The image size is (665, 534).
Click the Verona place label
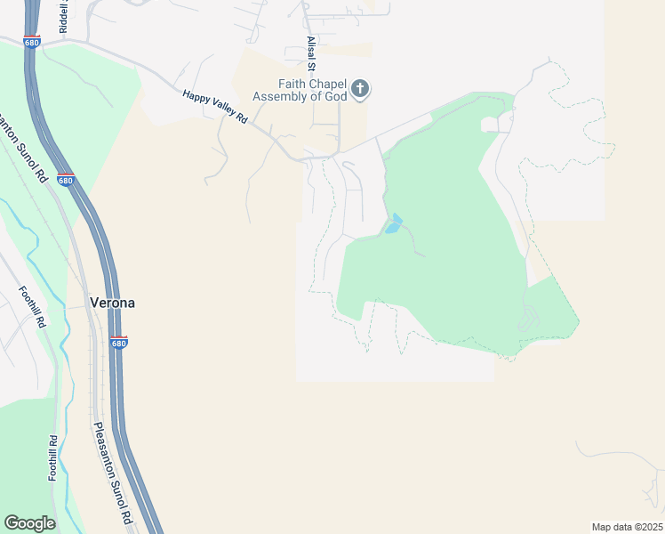point(113,303)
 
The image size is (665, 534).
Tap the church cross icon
point(360,88)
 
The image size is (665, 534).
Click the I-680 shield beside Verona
point(119,342)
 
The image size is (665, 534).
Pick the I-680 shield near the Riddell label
point(32,41)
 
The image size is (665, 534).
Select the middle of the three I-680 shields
point(65,180)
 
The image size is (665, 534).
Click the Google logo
point(29,523)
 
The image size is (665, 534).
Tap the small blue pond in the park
point(393,223)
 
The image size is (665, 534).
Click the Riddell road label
point(64,18)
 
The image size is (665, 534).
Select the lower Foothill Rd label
point(53,457)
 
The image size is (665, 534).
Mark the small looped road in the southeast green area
point(530,317)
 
